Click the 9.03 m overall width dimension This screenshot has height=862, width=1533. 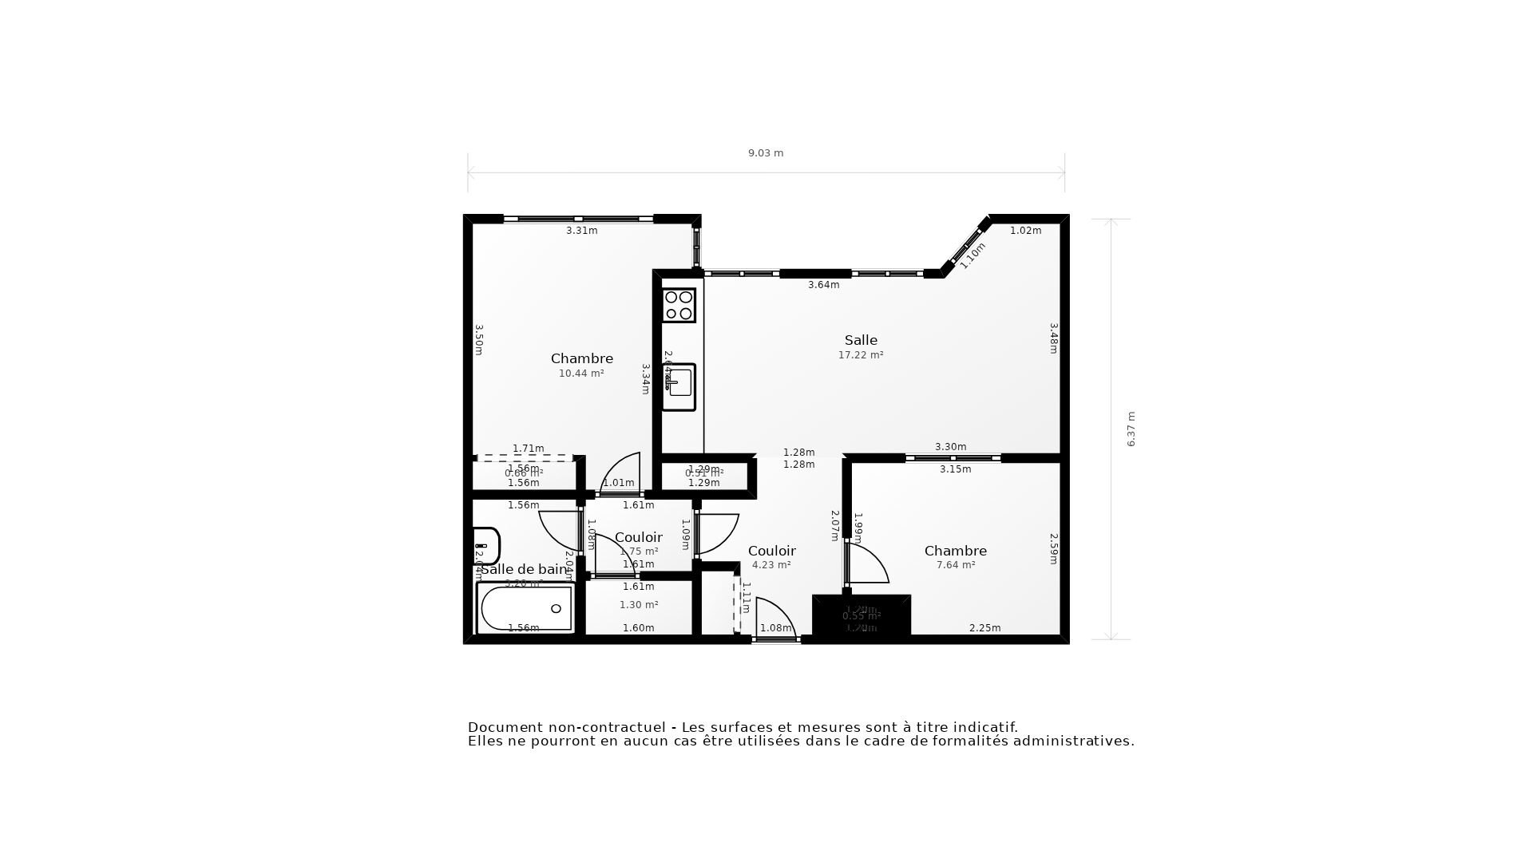pos(765,153)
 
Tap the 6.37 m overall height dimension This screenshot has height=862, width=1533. pos(1131,429)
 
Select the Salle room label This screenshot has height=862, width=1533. pos(861,340)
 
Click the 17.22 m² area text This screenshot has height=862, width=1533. pos(861,355)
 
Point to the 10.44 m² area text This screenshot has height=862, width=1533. pos(581,374)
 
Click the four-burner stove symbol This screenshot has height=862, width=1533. pos(679,305)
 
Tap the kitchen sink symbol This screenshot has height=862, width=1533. pos(679,387)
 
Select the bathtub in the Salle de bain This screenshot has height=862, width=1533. pos(525,608)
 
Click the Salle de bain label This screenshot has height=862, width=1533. pos(524,569)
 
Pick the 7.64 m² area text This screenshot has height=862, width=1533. pos(956,565)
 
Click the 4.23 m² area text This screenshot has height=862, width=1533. pos(771,565)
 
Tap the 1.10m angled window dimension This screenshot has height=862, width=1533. pos(972,255)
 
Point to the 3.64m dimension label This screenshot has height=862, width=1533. pos(823,285)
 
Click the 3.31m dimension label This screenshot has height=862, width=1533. pos(581,231)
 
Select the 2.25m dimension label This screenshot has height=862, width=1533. pos(984,628)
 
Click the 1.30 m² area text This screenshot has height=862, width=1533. pos(639,605)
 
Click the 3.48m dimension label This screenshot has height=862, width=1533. pos(1053,338)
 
